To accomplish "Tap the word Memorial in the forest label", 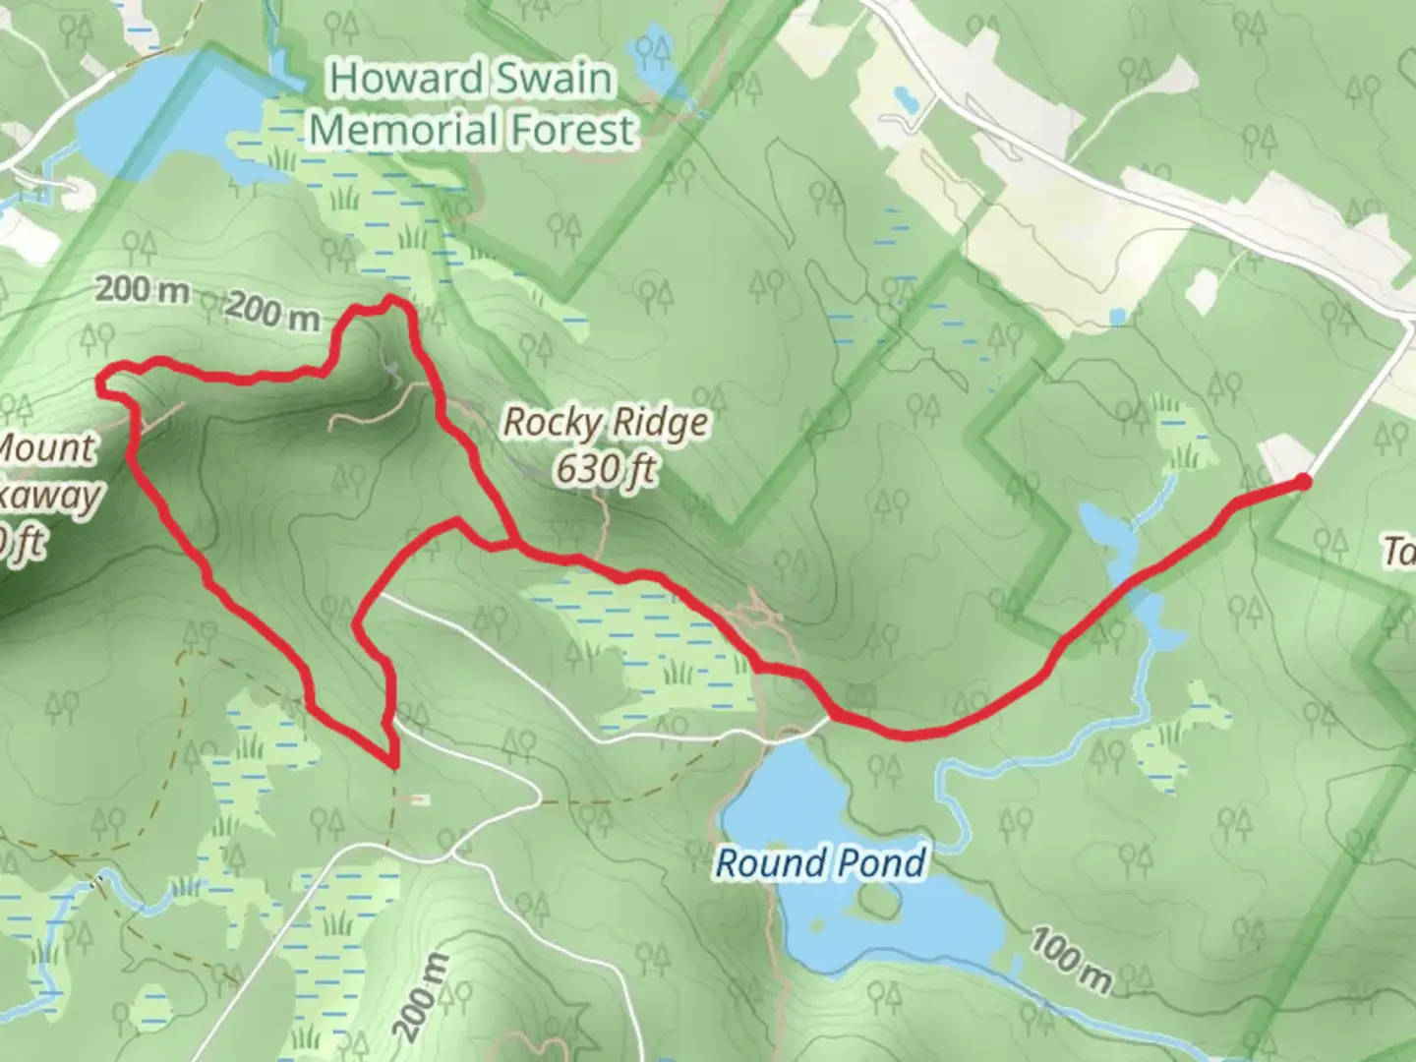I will coord(392,130).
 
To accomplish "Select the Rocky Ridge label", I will coord(605,423).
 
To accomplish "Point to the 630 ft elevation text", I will coord(605,469).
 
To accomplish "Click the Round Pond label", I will coord(820,863).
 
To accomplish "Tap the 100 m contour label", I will coord(1071,960).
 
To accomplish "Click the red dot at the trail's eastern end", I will coord(1302,481).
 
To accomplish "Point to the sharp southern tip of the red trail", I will coord(393,763).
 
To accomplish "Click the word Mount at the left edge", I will coord(46,449).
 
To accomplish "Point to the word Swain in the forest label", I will coord(557,79).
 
